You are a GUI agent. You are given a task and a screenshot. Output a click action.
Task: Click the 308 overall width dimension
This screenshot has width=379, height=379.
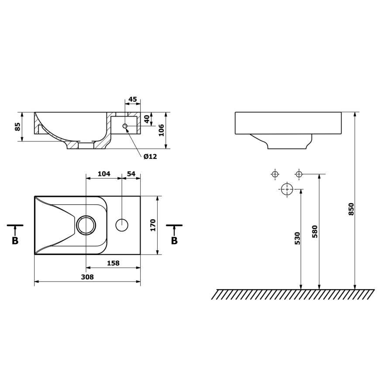pyautogui.click(x=87, y=276)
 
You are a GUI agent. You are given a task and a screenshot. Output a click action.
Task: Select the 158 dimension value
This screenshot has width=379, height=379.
pyautogui.click(x=113, y=263)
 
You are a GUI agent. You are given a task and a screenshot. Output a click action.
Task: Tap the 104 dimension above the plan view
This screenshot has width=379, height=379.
pyautogui.click(x=103, y=173)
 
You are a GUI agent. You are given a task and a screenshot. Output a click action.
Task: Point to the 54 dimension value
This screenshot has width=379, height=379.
pyautogui.click(x=131, y=173)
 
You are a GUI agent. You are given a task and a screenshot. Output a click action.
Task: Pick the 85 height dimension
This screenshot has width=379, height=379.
pyautogui.click(x=17, y=127)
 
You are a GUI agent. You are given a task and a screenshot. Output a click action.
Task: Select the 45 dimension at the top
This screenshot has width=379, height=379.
pyautogui.click(x=132, y=99)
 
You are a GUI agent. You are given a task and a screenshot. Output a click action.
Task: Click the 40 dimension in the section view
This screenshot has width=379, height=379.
pyautogui.click(x=147, y=118)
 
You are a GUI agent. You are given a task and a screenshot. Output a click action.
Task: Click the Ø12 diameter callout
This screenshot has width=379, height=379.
pyautogui.click(x=150, y=156)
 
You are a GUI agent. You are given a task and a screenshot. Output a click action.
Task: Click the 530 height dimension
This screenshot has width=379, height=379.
pyautogui.click(x=297, y=238)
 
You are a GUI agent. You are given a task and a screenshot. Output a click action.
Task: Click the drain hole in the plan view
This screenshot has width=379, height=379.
pyautogui.click(x=86, y=225)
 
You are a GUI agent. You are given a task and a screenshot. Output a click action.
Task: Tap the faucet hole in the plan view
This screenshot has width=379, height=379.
pyautogui.click(x=122, y=225)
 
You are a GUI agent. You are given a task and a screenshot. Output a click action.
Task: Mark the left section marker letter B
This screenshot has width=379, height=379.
pyautogui.click(x=15, y=241)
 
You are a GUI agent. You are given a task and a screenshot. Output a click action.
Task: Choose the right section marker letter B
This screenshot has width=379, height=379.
pyautogui.click(x=174, y=241)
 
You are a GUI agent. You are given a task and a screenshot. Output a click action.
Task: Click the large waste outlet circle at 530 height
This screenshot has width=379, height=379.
pyautogui.click(x=286, y=189)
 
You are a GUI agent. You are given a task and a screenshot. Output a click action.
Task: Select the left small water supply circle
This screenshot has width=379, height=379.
pyautogui.click(x=275, y=175)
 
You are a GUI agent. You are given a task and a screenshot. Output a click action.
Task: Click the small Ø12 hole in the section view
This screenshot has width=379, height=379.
pyautogui.click(x=125, y=126)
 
